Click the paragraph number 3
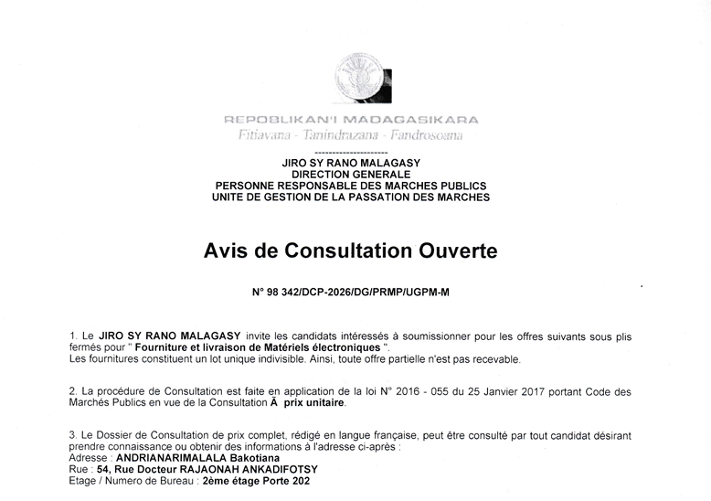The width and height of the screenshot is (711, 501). (72, 435)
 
